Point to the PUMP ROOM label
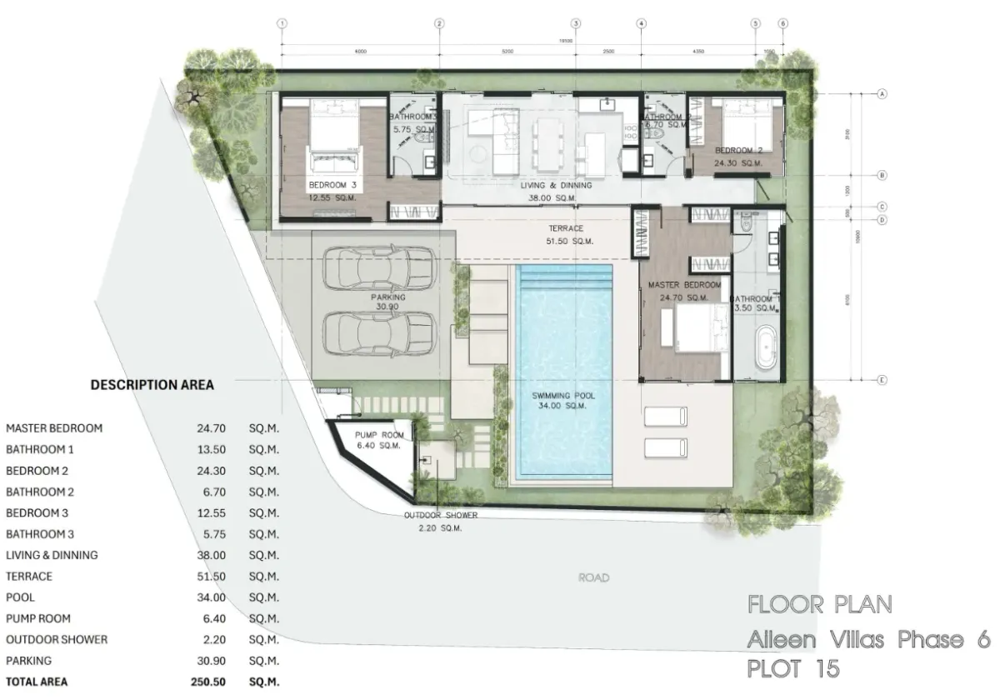click(379, 436)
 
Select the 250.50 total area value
click(209, 682)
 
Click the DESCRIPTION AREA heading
click(152, 385)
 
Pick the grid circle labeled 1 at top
click(282, 23)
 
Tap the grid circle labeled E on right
click(881, 380)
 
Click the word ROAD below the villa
click(594, 577)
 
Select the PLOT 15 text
click(792, 668)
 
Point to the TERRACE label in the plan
click(566, 228)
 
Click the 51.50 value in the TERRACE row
click(209, 576)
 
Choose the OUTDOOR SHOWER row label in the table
click(57, 640)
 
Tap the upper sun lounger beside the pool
click(666, 416)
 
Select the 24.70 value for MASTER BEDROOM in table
click(209, 428)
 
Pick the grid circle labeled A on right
click(881, 94)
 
